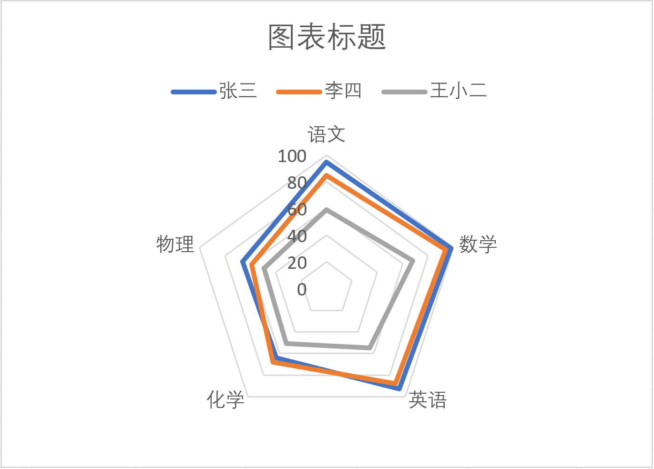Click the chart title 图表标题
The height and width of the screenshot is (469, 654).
coord(327,37)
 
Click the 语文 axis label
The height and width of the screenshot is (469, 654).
coord(327,134)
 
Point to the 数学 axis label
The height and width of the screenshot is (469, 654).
coord(478,244)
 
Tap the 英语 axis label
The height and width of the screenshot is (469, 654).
coord(428,399)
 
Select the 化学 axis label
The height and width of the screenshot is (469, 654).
coord(225,399)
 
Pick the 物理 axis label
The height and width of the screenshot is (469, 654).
coord(175,244)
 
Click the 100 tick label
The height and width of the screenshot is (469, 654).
coord(292,156)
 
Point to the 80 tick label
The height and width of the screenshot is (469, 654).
coord(297,183)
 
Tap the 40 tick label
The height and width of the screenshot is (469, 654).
coord(297,236)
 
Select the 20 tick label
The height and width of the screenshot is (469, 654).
coord(297,263)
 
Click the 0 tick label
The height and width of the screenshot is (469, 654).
coord(302,289)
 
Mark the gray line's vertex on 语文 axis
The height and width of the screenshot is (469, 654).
coord(327,210)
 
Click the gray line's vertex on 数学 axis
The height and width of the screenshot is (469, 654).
coord(412,260)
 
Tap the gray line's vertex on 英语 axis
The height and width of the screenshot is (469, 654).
coord(369,347)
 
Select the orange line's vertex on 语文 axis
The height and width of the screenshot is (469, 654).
coord(327,175)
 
